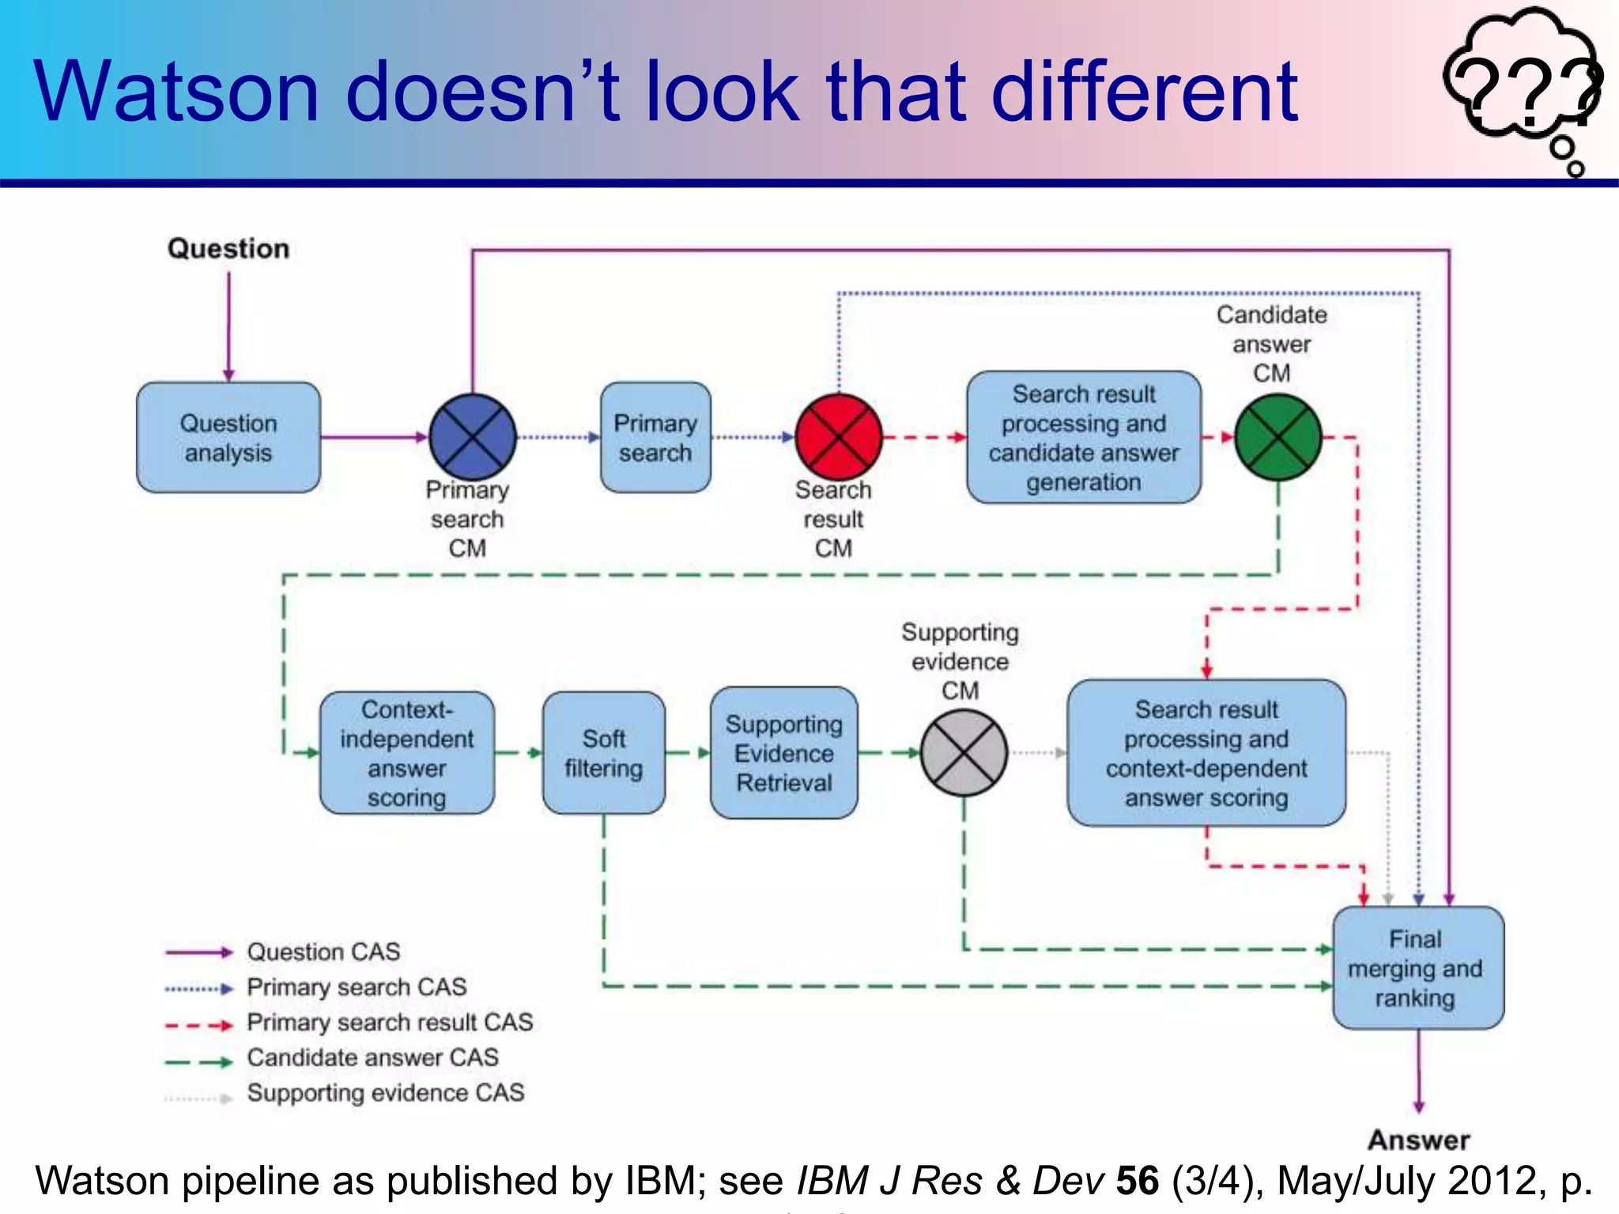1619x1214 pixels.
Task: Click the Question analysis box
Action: [228, 438]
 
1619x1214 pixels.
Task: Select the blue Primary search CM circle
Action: [472, 437]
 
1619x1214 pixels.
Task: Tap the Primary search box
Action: [655, 438]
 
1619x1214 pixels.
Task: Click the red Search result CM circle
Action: [838, 437]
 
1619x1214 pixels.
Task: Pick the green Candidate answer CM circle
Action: [1277, 437]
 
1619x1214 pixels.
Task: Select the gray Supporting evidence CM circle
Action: [964, 752]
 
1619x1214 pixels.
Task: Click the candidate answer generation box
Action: [1084, 438]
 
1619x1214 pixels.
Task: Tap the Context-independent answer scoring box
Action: [407, 753]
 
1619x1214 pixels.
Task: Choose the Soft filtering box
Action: [604, 753]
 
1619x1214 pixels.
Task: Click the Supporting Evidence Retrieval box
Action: [784, 753]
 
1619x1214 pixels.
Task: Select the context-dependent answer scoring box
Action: [1206, 753]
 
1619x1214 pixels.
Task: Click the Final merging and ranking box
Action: [1418, 968]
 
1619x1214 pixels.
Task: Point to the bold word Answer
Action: [1419, 1140]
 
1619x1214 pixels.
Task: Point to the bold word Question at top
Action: [228, 249]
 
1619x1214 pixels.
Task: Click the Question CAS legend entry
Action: [323, 952]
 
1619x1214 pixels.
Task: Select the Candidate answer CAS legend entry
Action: [372, 1058]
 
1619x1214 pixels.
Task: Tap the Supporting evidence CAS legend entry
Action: [385, 1093]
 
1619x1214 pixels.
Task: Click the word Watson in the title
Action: [176, 92]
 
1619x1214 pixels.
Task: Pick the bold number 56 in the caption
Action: [1137, 1181]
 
